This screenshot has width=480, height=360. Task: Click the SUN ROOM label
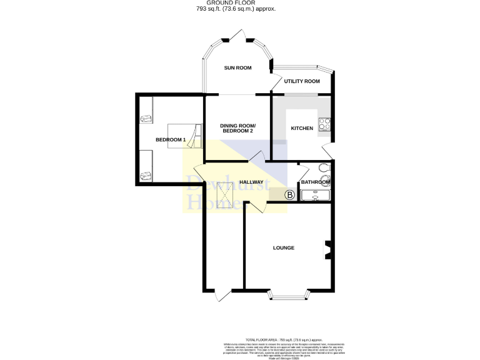point(237,67)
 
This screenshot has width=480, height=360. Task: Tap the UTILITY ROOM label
point(302,81)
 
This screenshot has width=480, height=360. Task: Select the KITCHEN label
point(302,128)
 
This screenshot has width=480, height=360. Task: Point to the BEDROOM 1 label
point(171,139)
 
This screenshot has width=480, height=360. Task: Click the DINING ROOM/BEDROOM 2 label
point(237,129)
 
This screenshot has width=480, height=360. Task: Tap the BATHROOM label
point(316,182)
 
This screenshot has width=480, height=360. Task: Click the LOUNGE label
point(283,248)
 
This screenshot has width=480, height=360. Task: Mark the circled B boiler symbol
point(289,195)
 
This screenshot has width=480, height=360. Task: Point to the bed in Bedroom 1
point(185,136)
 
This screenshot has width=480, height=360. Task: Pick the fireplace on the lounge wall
point(327,249)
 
